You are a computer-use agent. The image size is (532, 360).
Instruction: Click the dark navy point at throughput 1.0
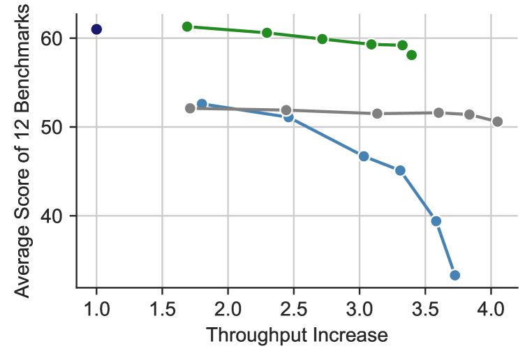point(96,29)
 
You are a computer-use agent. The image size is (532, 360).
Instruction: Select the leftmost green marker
point(187,27)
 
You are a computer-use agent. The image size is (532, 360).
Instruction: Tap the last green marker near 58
point(411,55)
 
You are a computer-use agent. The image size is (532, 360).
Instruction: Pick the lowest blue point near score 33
point(455,275)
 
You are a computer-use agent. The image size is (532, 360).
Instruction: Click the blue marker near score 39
point(436,221)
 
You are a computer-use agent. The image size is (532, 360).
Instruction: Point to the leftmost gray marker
point(190,108)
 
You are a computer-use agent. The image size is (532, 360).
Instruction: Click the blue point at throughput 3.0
point(364,156)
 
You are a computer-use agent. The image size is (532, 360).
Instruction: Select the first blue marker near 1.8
point(202,104)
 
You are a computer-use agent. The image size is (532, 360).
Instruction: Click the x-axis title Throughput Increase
point(297,336)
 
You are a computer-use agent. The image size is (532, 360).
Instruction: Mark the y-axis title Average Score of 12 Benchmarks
point(23,149)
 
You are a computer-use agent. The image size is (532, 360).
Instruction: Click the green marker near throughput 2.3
point(267,33)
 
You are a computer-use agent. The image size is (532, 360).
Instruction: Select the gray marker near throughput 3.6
point(438,113)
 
